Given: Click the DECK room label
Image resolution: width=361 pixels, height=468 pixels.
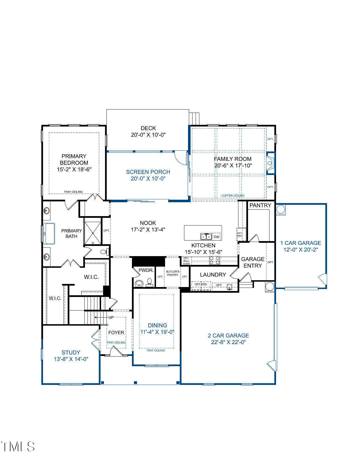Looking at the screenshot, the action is coord(148,128).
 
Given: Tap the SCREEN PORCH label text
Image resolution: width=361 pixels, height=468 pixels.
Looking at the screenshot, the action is coord(148,172).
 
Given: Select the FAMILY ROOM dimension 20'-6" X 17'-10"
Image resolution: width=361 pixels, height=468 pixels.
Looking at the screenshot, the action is coord(233,165).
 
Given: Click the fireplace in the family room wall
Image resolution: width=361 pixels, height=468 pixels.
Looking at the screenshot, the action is coord(270,163).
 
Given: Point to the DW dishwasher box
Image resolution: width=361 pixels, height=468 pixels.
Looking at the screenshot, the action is coord(216,237).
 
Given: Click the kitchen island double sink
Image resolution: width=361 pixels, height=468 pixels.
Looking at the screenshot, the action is coord(206,236).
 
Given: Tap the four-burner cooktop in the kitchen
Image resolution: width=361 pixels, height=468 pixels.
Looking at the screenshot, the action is coord(215,260).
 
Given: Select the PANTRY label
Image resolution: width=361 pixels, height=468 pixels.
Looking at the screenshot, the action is coord(260,205).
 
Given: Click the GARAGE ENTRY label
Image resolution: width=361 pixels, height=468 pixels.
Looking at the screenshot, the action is coord(253,262).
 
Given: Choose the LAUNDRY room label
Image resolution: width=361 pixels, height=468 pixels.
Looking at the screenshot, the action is coord(213,275).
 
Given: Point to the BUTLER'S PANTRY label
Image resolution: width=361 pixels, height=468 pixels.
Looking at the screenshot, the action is coord(173,273).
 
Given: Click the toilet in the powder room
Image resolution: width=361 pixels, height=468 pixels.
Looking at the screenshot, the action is coord(149,283).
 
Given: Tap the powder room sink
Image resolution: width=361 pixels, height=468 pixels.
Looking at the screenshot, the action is coord(139,283).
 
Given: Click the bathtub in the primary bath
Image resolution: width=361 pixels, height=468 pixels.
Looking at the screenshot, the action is coord(49,233).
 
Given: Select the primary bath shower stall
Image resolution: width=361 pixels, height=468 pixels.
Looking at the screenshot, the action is coord(93,231).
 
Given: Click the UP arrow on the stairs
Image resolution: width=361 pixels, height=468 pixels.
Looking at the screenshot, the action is coord(101,317).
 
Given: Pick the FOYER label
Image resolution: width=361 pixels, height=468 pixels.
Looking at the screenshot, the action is coord(116,332).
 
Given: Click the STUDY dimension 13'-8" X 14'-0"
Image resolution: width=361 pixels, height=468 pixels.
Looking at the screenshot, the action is coord(71,359).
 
